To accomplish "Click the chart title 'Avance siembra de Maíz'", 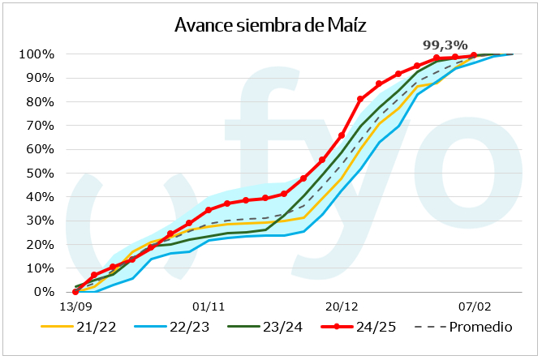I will (x=271, y=24).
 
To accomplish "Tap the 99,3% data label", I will (x=445, y=45).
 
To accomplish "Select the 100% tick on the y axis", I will (x=38, y=54).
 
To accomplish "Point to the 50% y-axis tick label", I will (x=41, y=174).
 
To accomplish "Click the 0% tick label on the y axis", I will (x=45, y=292).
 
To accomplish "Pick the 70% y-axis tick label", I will (x=41, y=126).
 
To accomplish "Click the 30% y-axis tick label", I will (x=41, y=221).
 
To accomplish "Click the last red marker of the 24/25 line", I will (x=474, y=55).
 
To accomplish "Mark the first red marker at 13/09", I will (x=75, y=292).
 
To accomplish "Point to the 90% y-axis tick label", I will (x=41, y=78).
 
